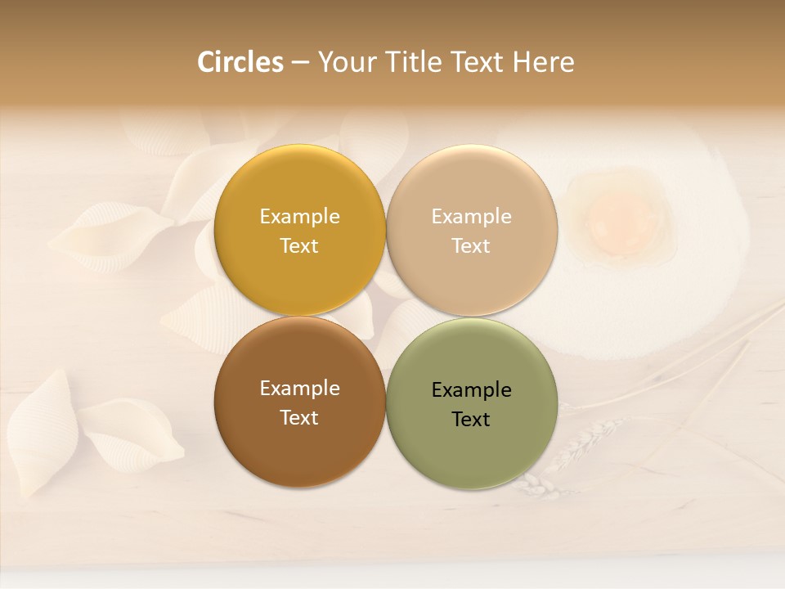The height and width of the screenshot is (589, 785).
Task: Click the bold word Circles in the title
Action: [x=240, y=62]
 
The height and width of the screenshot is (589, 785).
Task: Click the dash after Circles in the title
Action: [x=300, y=63]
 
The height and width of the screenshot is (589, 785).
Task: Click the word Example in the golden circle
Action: [x=299, y=217]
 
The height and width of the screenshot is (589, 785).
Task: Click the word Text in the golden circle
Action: [x=299, y=245]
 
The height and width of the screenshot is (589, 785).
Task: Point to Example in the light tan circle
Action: [x=471, y=217]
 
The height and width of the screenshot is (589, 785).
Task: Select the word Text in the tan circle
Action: [x=471, y=245]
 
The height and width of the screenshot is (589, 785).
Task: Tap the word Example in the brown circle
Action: [x=299, y=389]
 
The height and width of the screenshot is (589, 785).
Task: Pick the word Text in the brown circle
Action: [x=299, y=417]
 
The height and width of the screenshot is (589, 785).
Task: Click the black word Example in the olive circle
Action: [x=471, y=390]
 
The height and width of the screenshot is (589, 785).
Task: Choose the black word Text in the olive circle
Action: [x=471, y=419]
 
